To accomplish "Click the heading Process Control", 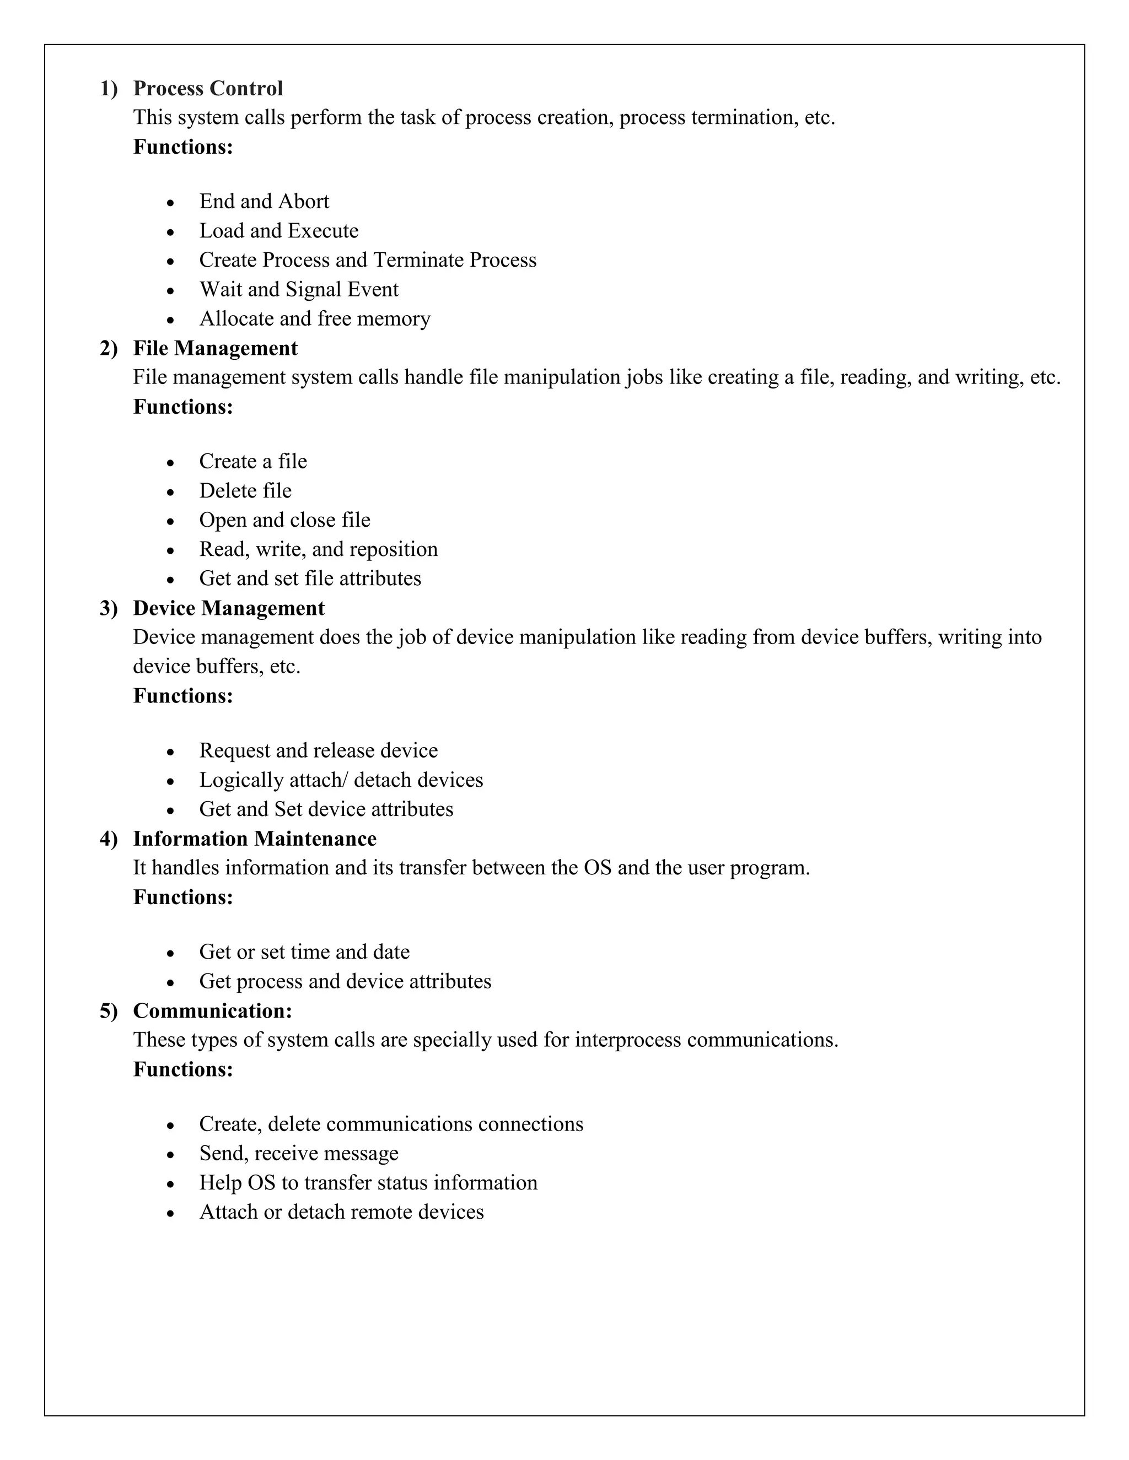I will [208, 88].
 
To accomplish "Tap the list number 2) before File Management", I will [109, 348].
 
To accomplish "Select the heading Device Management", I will [229, 608].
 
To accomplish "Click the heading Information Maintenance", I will [254, 839].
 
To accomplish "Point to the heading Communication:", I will [213, 1011].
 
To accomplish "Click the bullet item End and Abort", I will [264, 201].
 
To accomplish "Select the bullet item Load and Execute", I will [278, 231].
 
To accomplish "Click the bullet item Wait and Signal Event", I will [298, 289].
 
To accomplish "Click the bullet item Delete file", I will [245, 491].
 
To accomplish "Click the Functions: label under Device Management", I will [183, 696].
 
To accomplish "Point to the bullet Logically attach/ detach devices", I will [341, 780].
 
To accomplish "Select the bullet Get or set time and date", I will [304, 952].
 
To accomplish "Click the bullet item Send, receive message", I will [298, 1153].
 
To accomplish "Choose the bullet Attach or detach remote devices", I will [341, 1212].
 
